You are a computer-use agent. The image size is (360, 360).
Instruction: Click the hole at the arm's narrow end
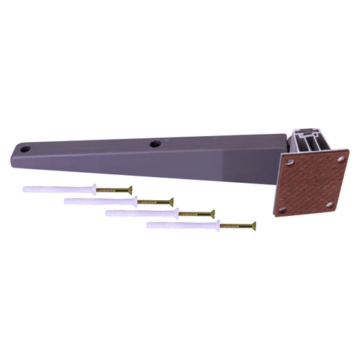(26, 149)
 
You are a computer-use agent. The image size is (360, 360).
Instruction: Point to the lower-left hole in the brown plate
(282, 210)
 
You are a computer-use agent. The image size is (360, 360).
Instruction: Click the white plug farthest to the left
(58, 189)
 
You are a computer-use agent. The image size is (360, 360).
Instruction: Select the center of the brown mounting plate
(310, 184)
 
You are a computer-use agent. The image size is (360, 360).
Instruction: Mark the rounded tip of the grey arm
(16, 153)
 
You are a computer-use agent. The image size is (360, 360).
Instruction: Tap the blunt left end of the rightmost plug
(149, 225)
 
